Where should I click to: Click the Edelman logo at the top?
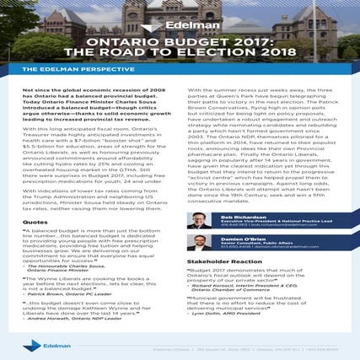180,26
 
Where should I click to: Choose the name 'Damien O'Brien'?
242,239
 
